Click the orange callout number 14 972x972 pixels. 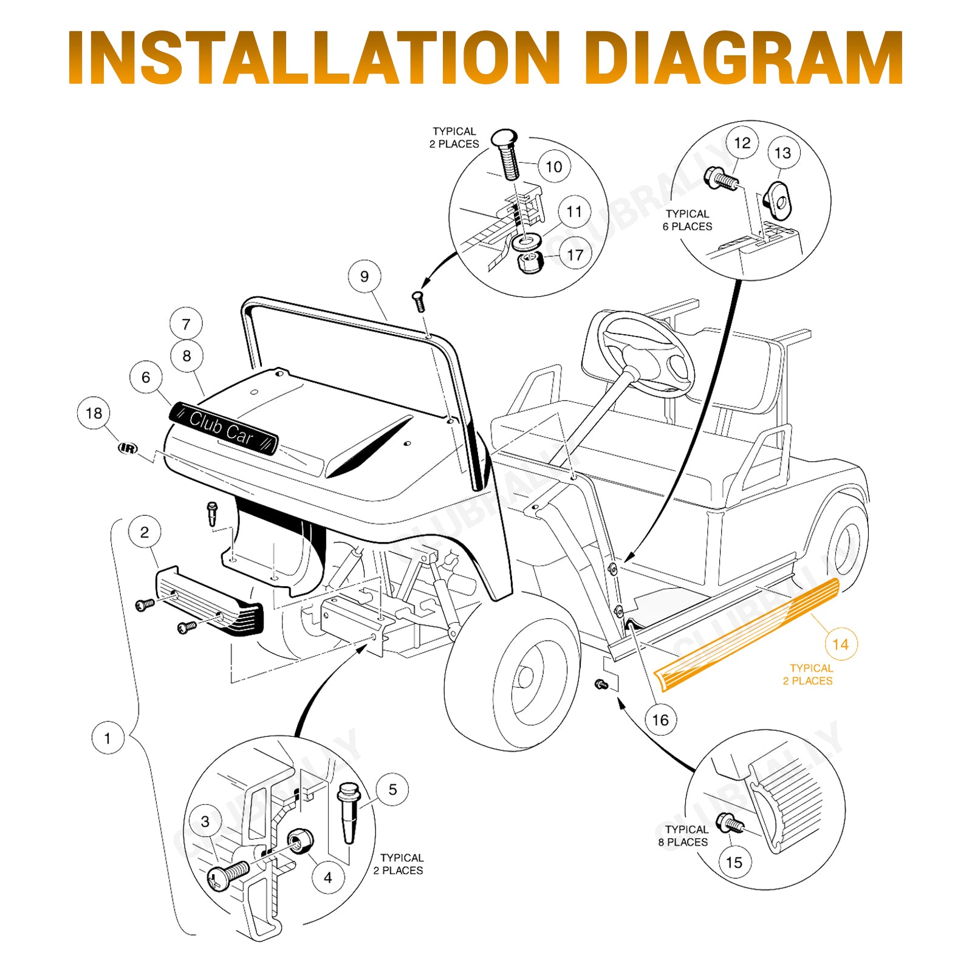click(x=841, y=645)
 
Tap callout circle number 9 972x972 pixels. click(x=364, y=276)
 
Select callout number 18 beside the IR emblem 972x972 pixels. click(x=94, y=413)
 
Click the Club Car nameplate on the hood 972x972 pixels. click(x=224, y=428)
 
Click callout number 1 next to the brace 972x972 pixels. click(x=108, y=738)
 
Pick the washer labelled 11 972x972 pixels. click(x=526, y=242)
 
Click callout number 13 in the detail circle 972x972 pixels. click(x=783, y=153)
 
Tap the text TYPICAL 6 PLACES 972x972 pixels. click(x=688, y=220)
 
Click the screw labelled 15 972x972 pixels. click(x=730, y=824)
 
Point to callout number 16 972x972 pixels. click(x=660, y=720)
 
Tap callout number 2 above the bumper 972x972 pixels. click(x=145, y=532)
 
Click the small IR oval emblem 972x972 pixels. click(x=128, y=448)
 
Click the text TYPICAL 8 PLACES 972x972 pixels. click(x=684, y=836)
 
